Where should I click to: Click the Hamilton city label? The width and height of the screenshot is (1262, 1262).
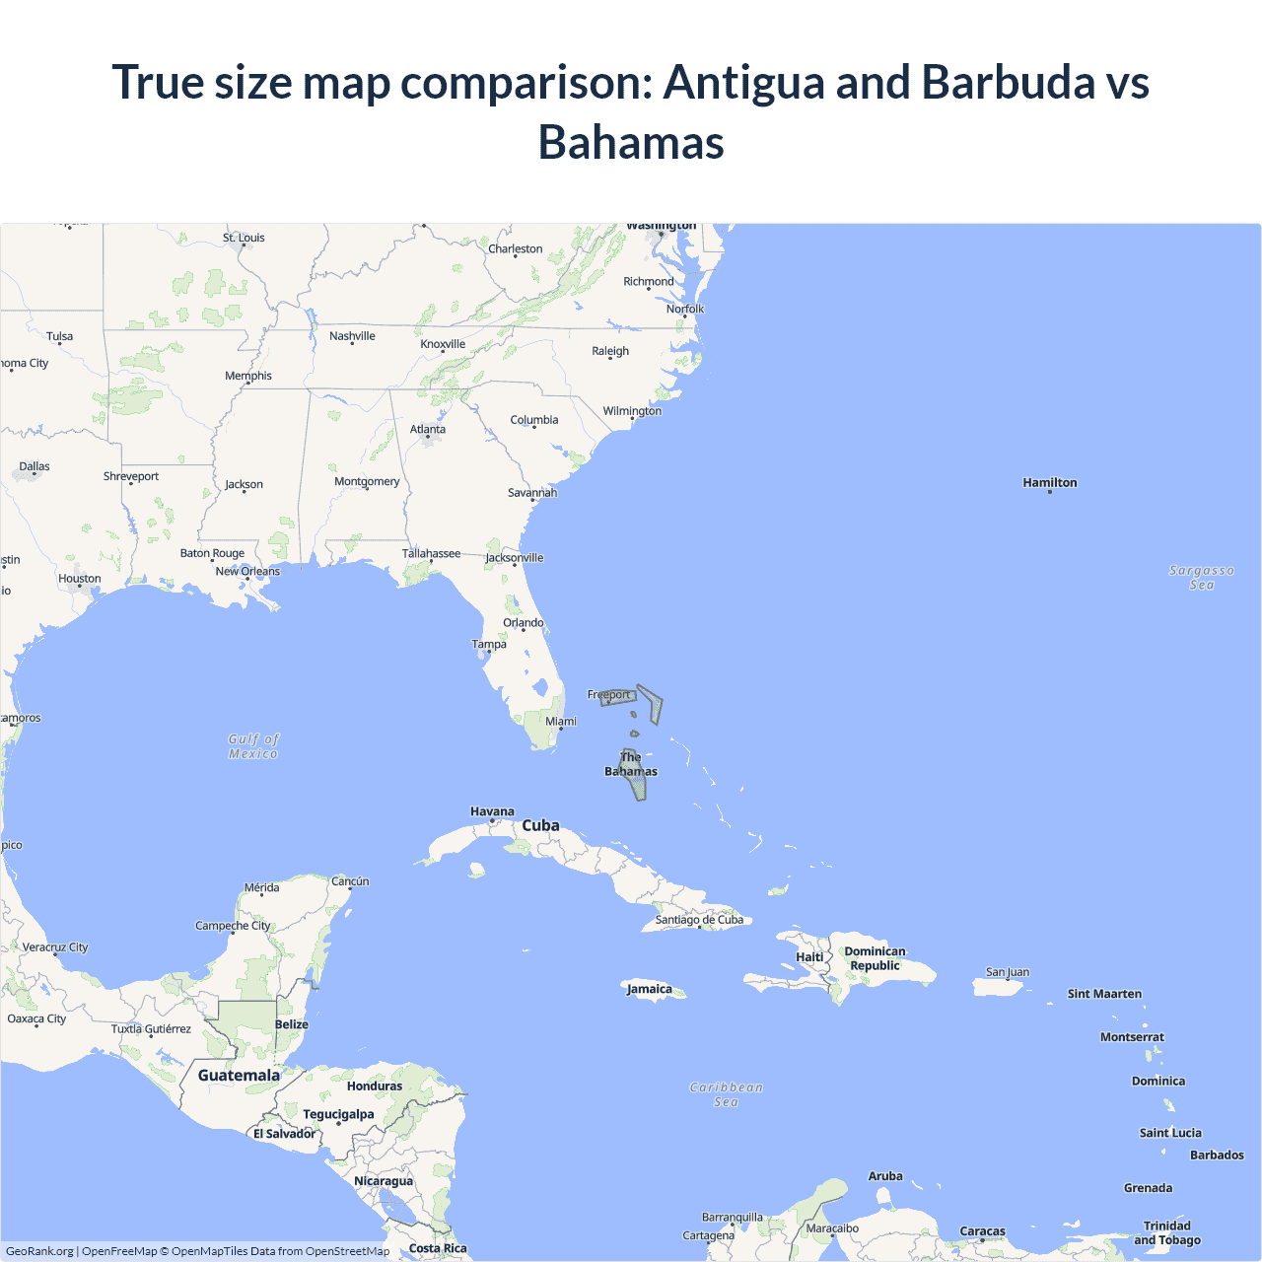tap(1050, 482)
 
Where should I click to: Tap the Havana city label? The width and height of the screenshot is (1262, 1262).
tap(492, 811)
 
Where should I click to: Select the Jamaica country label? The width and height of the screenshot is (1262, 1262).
tap(650, 989)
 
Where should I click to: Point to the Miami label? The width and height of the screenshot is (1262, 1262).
tap(561, 722)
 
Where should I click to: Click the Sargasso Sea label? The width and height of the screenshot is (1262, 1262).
tap(1202, 578)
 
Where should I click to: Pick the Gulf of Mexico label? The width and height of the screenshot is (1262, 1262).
tap(253, 746)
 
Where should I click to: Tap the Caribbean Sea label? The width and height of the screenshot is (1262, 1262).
tap(727, 1094)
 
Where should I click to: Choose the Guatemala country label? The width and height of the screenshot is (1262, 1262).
tap(239, 1075)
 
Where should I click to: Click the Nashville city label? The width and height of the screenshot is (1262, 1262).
tap(352, 336)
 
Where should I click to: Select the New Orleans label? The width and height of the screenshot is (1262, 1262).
tap(247, 571)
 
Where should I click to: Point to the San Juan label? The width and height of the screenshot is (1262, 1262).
tap(1008, 972)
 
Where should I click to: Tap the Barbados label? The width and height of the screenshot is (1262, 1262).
tap(1217, 1155)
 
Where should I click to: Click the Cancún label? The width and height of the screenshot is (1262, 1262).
tap(350, 881)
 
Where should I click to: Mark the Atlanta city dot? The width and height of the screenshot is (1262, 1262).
tap(428, 437)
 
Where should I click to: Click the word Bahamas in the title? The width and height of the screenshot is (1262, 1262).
tap(631, 142)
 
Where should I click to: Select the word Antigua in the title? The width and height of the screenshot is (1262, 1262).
tap(743, 82)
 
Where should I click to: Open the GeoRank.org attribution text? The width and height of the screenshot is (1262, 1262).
tap(39, 1251)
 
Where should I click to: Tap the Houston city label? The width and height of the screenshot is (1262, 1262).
tap(79, 579)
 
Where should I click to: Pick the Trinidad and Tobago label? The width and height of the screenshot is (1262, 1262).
tap(1167, 1232)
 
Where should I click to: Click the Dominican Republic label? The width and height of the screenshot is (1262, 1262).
tap(875, 958)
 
